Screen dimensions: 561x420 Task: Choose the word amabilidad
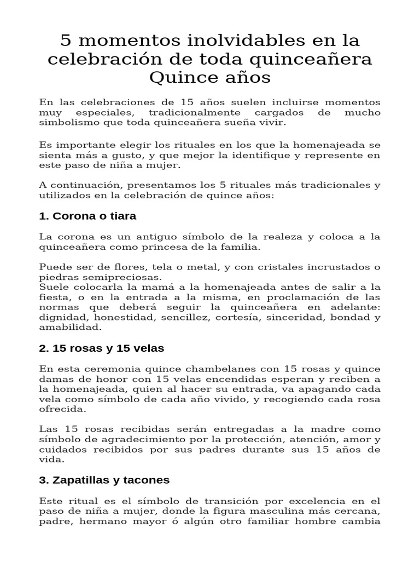(x=70, y=327)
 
